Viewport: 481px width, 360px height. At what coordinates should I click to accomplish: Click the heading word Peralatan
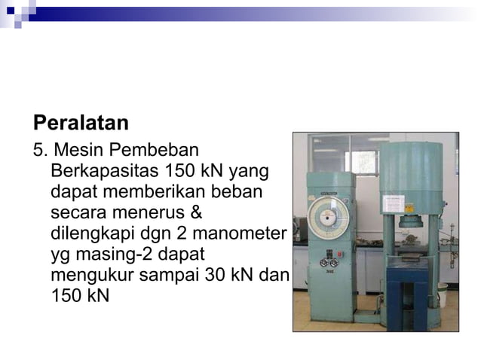pyautogui.click(x=81, y=123)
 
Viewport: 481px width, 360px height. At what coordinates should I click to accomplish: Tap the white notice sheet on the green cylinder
pyautogui.click(x=394, y=203)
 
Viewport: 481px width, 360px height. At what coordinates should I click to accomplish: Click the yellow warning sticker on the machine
pyautogui.click(x=410, y=208)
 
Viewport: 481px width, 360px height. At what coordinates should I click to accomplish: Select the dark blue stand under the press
pyautogui.click(x=407, y=295)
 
